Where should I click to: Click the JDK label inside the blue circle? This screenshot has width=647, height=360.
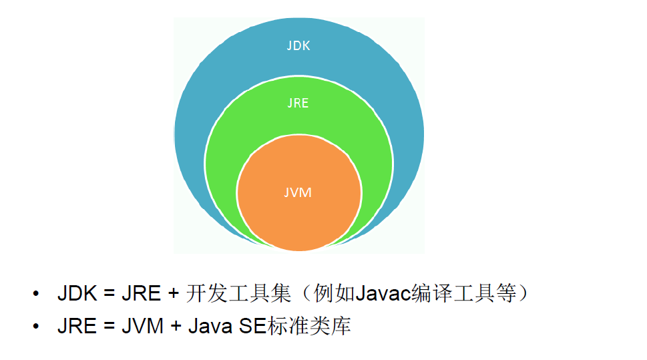[298, 47]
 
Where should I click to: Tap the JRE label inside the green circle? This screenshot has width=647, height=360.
[298, 104]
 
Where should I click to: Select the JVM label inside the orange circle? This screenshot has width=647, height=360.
[298, 192]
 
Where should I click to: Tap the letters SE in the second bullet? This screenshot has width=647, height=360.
[252, 327]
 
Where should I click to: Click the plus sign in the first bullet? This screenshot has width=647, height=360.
[172, 295]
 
